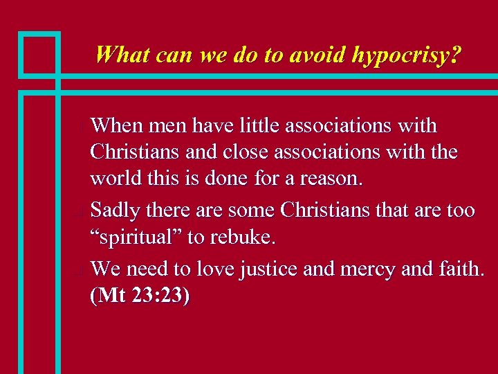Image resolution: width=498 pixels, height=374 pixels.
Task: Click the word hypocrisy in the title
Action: pos(405,55)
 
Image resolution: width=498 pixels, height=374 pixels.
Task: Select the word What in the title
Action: pos(122,55)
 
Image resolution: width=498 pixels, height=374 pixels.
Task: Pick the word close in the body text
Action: pos(242,152)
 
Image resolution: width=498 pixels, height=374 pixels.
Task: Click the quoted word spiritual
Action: pos(138,237)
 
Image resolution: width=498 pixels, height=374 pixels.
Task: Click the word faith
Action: pos(459,267)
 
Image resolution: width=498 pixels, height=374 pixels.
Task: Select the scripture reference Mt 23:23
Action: pos(140,296)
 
